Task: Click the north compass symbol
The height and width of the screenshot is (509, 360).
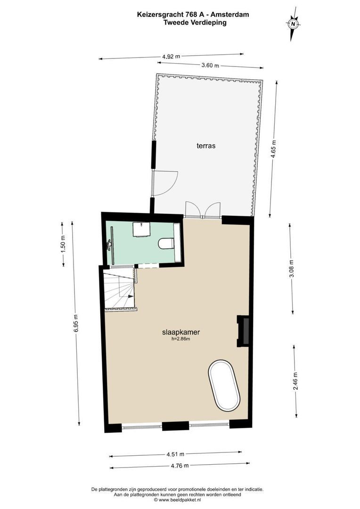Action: [293, 23]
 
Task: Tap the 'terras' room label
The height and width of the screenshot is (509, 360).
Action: [206, 146]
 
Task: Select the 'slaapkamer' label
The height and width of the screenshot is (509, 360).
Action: [177, 332]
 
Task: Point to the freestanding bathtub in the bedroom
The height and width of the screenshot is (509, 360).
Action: [225, 385]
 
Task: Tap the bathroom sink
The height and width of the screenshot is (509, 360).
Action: [141, 229]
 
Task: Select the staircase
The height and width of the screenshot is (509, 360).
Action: [120, 291]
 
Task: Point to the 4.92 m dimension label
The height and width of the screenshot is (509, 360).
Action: [171, 56]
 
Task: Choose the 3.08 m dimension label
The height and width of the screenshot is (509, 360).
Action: [291, 269]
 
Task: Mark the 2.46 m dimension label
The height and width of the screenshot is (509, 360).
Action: [295, 385]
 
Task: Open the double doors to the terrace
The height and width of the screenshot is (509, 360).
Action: [203, 210]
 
